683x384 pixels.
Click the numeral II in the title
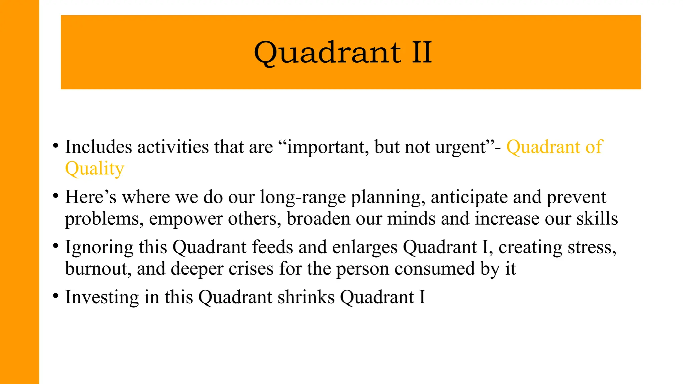(x=422, y=52)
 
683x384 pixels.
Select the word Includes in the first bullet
(x=98, y=147)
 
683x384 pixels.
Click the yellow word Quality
(x=95, y=169)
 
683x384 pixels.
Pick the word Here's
(x=91, y=197)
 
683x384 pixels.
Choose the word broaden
(x=318, y=219)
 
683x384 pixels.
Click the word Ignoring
(x=99, y=248)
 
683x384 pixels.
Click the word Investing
(x=102, y=297)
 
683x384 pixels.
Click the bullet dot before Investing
(x=56, y=295)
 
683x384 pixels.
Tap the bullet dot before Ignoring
(x=56, y=246)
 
